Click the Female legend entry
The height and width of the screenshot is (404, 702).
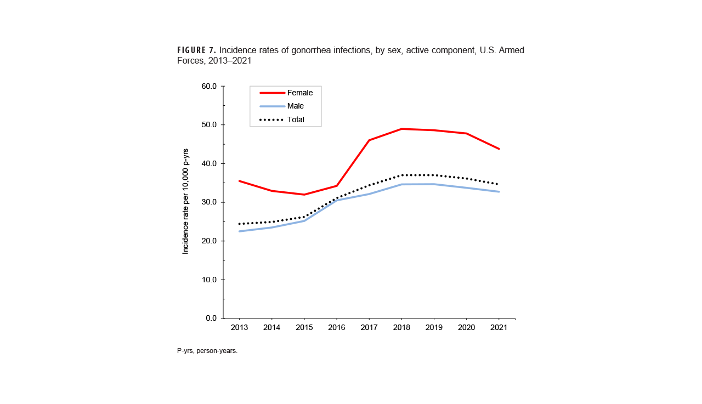click(299, 93)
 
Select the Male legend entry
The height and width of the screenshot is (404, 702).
click(295, 106)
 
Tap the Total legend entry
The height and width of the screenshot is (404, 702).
click(296, 120)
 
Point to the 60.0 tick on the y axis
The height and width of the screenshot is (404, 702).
click(208, 87)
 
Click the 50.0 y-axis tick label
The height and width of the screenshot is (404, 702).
click(208, 125)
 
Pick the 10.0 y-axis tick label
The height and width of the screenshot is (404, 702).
click(208, 280)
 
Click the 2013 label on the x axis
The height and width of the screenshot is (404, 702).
click(239, 328)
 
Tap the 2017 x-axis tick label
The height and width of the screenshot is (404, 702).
click(369, 328)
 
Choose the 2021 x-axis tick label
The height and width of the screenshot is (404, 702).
click(499, 328)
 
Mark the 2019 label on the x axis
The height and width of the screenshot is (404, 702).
click(434, 328)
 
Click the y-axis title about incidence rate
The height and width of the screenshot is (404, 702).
click(186, 201)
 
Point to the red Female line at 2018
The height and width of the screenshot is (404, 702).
click(401, 129)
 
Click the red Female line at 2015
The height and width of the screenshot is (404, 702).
click(304, 195)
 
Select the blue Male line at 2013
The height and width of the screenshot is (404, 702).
click(240, 231)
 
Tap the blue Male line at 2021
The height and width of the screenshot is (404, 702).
click(499, 191)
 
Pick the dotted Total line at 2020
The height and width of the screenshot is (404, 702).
click(466, 179)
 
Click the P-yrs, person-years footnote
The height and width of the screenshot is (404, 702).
click(207, 351)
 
